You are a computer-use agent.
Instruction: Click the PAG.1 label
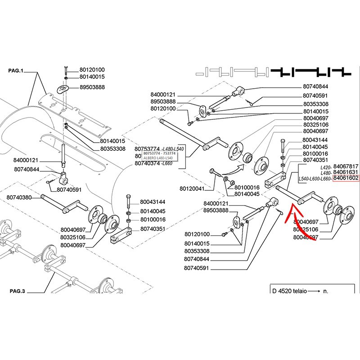[x=18, y=71]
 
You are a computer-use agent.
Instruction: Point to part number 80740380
[x=21, y=198]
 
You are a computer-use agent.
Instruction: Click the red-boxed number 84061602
[x=346, y=178]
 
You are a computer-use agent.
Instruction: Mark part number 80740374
[x=150, y=164]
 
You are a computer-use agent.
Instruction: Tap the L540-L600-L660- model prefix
[x=315, y=179]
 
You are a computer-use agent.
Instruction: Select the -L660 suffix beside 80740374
[x=179, y=164]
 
